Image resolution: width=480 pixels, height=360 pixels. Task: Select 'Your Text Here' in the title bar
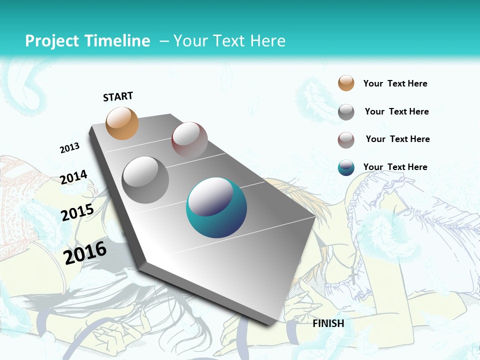pyautogui.click(x=229, y=41)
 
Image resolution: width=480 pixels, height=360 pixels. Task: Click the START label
pyautogui.click(x=118, y=96)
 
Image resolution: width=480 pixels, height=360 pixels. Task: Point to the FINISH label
pyautogui.click(x=328, y=323)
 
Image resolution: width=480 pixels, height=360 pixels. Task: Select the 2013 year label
pyautogui.click(x=70, y=148)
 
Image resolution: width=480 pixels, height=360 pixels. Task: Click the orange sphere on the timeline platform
pyautogui.click(x=122, y=123)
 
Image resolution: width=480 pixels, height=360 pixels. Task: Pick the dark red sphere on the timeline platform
pyautogui.click(x=189, y=139)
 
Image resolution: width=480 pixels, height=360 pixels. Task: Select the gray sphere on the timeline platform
pyautogui.click(x=145, y=179)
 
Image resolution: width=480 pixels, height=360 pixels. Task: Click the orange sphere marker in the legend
pyautogui.click(x=346, y=83)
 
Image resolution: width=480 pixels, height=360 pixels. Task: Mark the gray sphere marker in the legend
pyautogui.click(x=346, y=112)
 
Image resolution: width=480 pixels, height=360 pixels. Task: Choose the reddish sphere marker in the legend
pyautogui.click(x=346, y=140)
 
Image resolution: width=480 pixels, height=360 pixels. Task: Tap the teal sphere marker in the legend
pyautogui.click(x=346, y=168)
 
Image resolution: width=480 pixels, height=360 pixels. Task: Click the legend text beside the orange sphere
pyautogui.click(x=395, y=83)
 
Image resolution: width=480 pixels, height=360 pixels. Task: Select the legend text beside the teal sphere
pyautogui.click(x=395, y=167)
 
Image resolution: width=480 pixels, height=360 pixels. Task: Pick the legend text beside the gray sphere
pyautogui.click(x=396, y=111)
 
